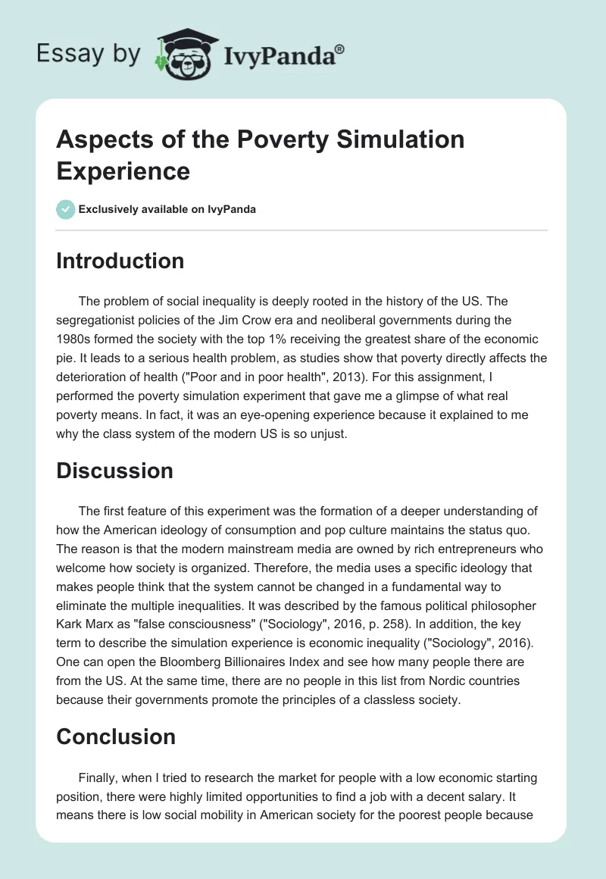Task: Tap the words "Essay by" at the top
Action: [88, 54]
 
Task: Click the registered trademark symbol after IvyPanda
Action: [340, 49]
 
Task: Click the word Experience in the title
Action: [123, 170]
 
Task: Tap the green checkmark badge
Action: [66, 209]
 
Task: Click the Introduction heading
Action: [120, 261]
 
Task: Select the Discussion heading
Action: [115, 471]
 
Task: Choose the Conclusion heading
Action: [116, 736]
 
